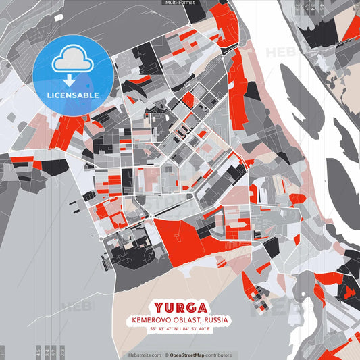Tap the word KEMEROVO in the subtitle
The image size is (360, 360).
(x=151, y=319)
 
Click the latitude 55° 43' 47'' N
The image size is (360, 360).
(x=159, y=329)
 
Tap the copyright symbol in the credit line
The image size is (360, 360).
(x=165, y=355)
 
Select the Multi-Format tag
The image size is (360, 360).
(x=180, y=3)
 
